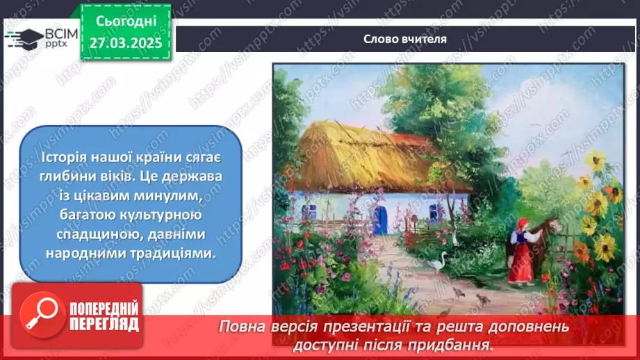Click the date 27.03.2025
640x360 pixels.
(126, 43)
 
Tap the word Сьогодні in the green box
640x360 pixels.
(125, 22)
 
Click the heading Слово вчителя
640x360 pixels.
(404, 39)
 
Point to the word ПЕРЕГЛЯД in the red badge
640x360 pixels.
(104, 324)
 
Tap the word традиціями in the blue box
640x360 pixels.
(171, 255)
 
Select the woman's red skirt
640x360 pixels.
(521, 264)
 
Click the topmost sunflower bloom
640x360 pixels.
(594, 161)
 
